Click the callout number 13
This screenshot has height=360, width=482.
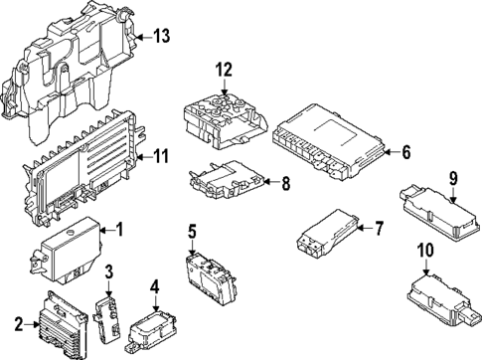(161, 36)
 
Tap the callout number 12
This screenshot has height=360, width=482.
(225, 70)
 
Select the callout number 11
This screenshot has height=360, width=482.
(161, 156)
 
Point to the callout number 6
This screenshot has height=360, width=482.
(406, 152)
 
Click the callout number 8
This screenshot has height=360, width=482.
(285, 183)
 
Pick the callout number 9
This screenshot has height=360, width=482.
(453, 179)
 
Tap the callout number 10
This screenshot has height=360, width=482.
(425, 250)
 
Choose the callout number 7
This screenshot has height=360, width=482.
(379, 229)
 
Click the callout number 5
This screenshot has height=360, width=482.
(193, 232)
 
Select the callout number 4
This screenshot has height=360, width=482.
(155, 287)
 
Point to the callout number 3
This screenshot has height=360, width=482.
(109, 271)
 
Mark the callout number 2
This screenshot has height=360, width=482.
(19, 324)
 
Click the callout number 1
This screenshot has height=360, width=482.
(119, 230)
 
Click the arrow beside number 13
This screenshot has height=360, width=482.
(143, 37)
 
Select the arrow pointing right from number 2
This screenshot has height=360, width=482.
(32, 324)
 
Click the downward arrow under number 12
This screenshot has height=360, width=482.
(225, 88)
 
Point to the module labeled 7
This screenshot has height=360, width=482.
(327, 233)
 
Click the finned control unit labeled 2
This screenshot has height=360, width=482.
(64, 323)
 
